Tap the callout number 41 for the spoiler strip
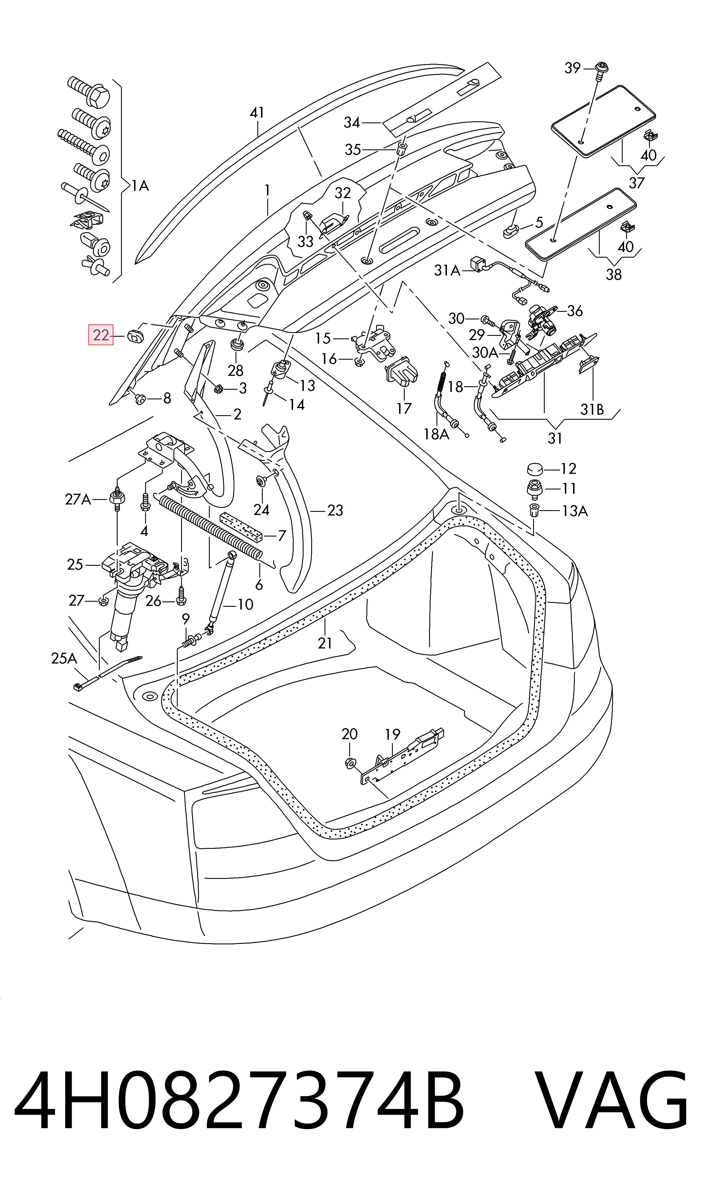pyautogui.click(x=257, y=113)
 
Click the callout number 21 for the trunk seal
pyautogui.click(x=325, y=643)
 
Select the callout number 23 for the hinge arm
pyautogui.click(x=335, y=510)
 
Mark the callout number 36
pyautogui.click(x=575, y=311)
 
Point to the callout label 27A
pyautogui.click(x=78, y=499)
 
